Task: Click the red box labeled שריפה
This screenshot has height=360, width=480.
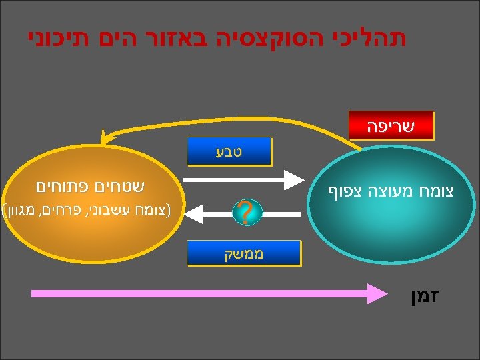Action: pos(391,125)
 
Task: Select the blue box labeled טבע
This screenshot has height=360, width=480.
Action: pos(229,151)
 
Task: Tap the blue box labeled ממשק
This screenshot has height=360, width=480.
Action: pos(229,254)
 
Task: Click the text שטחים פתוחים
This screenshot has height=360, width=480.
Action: pos(91,186)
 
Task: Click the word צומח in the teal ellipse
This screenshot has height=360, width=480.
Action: pos(435,191)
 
